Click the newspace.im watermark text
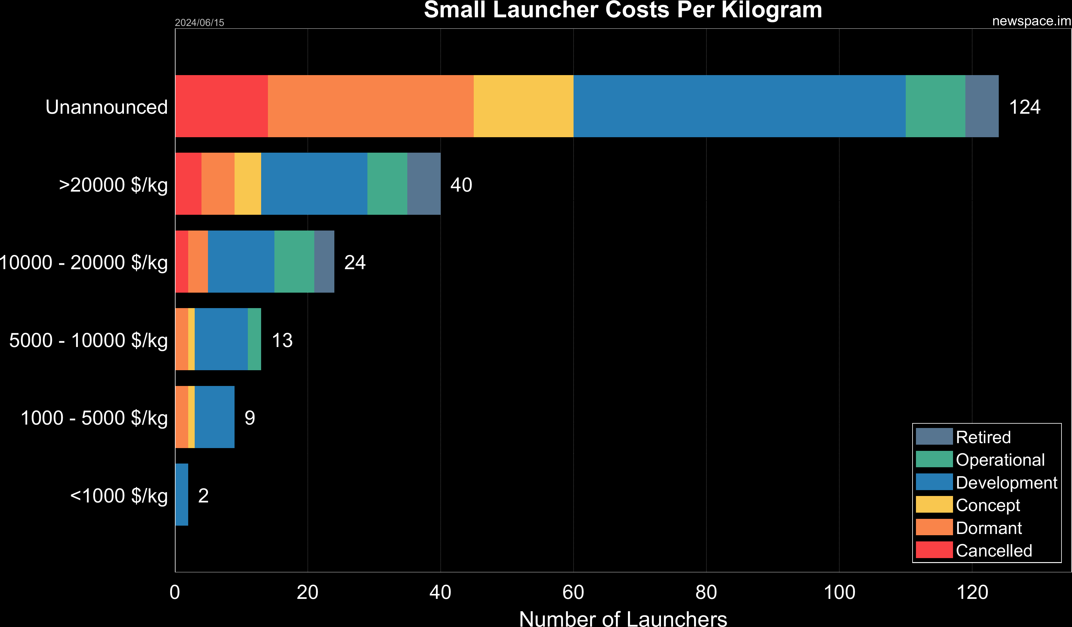click(x=1031, y=21)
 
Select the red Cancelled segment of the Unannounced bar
click(x=221, y=106)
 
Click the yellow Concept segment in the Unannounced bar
click(x=523, y=106)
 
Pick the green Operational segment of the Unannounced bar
click(x=935, y=106)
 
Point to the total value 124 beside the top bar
click(x=1024, y=107)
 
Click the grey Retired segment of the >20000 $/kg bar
click(x=424, y=184)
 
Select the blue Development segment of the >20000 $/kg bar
click(x=314, y=184)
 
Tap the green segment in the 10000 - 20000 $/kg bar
click(x=294, y=262)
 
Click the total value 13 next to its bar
click(x=282, y=340)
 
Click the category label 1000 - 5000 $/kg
click(x=94, y=418)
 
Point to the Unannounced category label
click(x=106, y=107)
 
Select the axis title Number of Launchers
click(x=623, y=618)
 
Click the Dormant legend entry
click(x=988, y=528)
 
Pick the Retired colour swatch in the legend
click(x=934, y=436)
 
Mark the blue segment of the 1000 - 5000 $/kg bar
click(x=214, y=417)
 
